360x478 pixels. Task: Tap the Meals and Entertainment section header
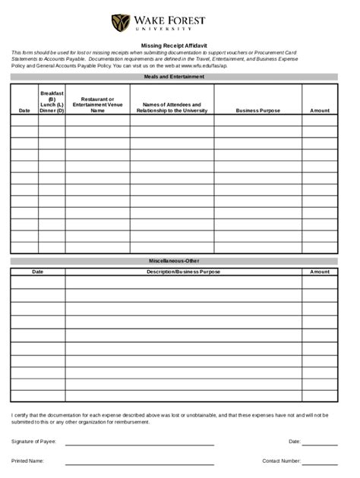(x=174, y=77)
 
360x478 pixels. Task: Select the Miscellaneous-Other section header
(x=174, y=260)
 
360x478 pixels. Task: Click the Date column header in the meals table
(x=24, y=111)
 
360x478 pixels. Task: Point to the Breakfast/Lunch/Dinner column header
(x=52, y=102)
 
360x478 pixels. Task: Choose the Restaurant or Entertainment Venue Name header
(x=97, y=105)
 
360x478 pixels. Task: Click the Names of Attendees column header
(x=171, y=108)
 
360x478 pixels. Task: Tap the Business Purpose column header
(x=257, y=111)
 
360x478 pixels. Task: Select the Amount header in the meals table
(x=320, y=111)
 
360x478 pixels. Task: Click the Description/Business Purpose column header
(x=183, y=271)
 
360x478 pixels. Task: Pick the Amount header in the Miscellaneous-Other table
(x=320, y=271)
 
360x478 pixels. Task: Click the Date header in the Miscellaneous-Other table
(x=37, y=271)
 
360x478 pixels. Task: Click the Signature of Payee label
(x=33, y=441)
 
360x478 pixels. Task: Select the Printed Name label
(x=27, y=460)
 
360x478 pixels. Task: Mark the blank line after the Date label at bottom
(x=320, y=444)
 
